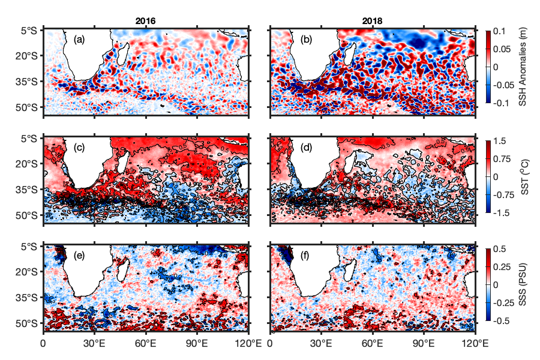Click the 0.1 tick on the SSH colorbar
(500, 31)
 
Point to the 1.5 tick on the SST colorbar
(500, 140)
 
